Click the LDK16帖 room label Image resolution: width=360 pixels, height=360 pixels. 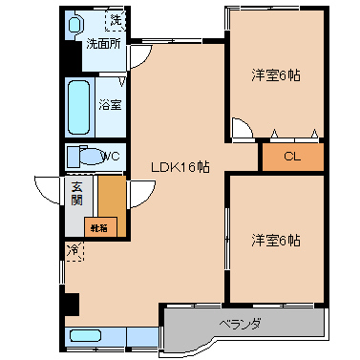click(180, 166)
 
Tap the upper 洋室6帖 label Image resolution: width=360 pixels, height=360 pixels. click(276, 75)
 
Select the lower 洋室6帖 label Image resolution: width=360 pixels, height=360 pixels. click(276, 241)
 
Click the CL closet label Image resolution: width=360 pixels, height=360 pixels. click(292, 157)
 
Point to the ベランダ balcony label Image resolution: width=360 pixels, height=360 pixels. click(241, 324)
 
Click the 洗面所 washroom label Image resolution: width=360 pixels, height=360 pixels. click(104, 44)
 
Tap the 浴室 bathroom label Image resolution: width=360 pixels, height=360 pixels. click(110, 105)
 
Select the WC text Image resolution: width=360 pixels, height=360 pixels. click(111, 157)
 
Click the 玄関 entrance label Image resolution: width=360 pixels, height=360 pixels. click(76, 194)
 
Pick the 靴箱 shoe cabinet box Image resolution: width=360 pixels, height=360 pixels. click(100, 227)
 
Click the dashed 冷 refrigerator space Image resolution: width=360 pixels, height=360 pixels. click(74, 251)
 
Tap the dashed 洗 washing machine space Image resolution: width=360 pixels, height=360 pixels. click(116, 21)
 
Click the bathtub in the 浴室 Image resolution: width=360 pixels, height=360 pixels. click(78, 107)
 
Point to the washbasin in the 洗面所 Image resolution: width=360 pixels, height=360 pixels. click(74, 25)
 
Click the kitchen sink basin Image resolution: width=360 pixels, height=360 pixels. click(86, 335)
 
